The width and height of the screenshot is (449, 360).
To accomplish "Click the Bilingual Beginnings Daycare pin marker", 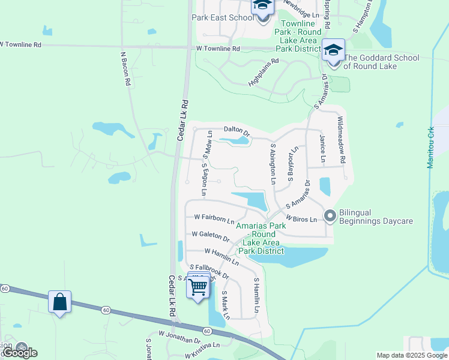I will pyautogui.click(x=330, y=215).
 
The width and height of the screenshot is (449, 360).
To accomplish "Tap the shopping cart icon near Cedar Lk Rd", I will pyautogui.click(x=199, y=287).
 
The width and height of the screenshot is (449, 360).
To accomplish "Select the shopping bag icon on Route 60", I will pyautogui.click(x=60, y=301).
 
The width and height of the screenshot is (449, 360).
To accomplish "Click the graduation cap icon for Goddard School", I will pyautogui.click(x=333, y=50).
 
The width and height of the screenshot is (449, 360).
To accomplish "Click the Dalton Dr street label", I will pyautogui.click(x=236, y=129).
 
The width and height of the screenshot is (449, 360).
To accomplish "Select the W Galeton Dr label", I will pyautogui.click(x=210, y=235).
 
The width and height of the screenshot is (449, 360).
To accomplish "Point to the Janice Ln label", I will pyautogui.click(x=323, y=149).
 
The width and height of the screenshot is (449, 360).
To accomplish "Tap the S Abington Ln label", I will pyautogui.click(x=273, y=163).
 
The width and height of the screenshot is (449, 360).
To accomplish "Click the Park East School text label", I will pyautogui.click(x=223, y=17).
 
